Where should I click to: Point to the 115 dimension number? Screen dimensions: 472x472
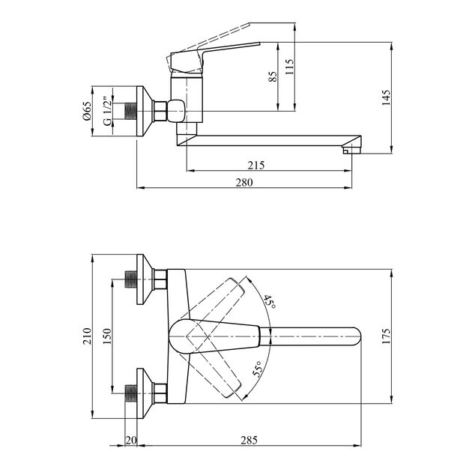tap(290, 65)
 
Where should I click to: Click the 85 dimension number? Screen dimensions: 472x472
tap(273, 75)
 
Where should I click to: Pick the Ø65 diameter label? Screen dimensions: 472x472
tap(88, 111)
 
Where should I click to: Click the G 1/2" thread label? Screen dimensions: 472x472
tap(106, 112)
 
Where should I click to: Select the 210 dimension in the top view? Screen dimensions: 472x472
tap(88, 336)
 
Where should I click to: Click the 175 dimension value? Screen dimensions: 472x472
tap(387, 336)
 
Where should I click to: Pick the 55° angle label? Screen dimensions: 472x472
tap(257, 372)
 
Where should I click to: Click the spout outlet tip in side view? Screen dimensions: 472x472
tap(348, 150)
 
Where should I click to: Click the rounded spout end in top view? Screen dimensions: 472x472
tap(354, 336)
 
